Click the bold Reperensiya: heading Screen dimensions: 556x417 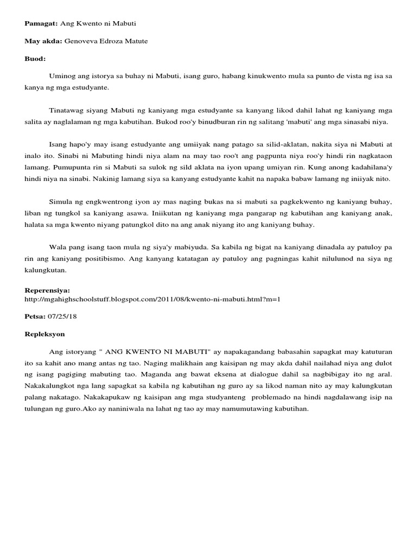pos(47,290)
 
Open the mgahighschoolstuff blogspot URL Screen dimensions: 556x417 pos(152,299)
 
